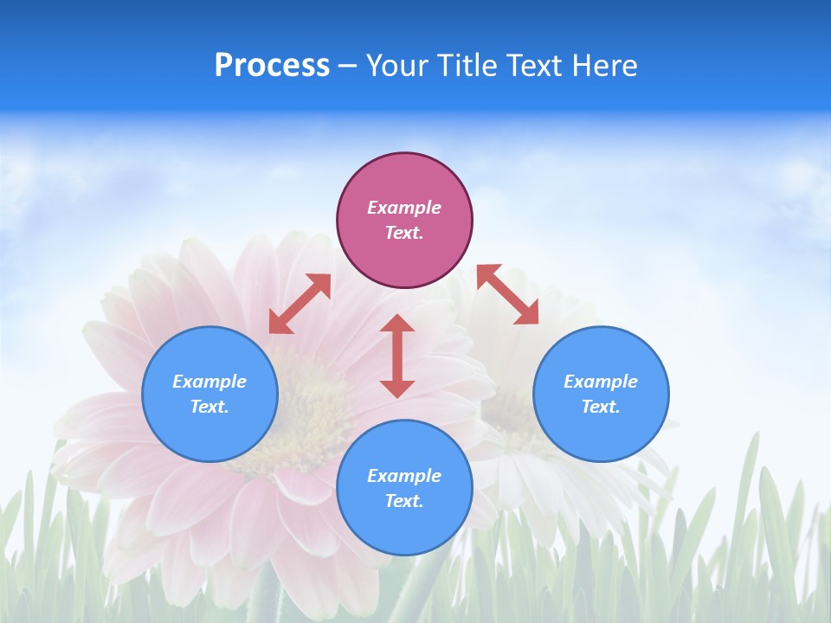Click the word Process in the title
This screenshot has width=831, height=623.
coord(272,66)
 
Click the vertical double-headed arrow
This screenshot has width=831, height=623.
coord(397,356)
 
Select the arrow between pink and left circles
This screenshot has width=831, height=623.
coord(300,304)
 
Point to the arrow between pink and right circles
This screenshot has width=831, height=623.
coord(507,294)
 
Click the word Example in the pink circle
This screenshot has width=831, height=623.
coord(404,208)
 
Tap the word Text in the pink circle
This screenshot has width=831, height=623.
coord(404,233)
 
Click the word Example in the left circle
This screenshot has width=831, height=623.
coord(209,382)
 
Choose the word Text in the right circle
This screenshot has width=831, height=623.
coord(601,407)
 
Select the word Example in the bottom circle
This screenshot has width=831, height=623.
coord(404,476)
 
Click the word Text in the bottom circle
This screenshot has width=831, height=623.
coord(404,501)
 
